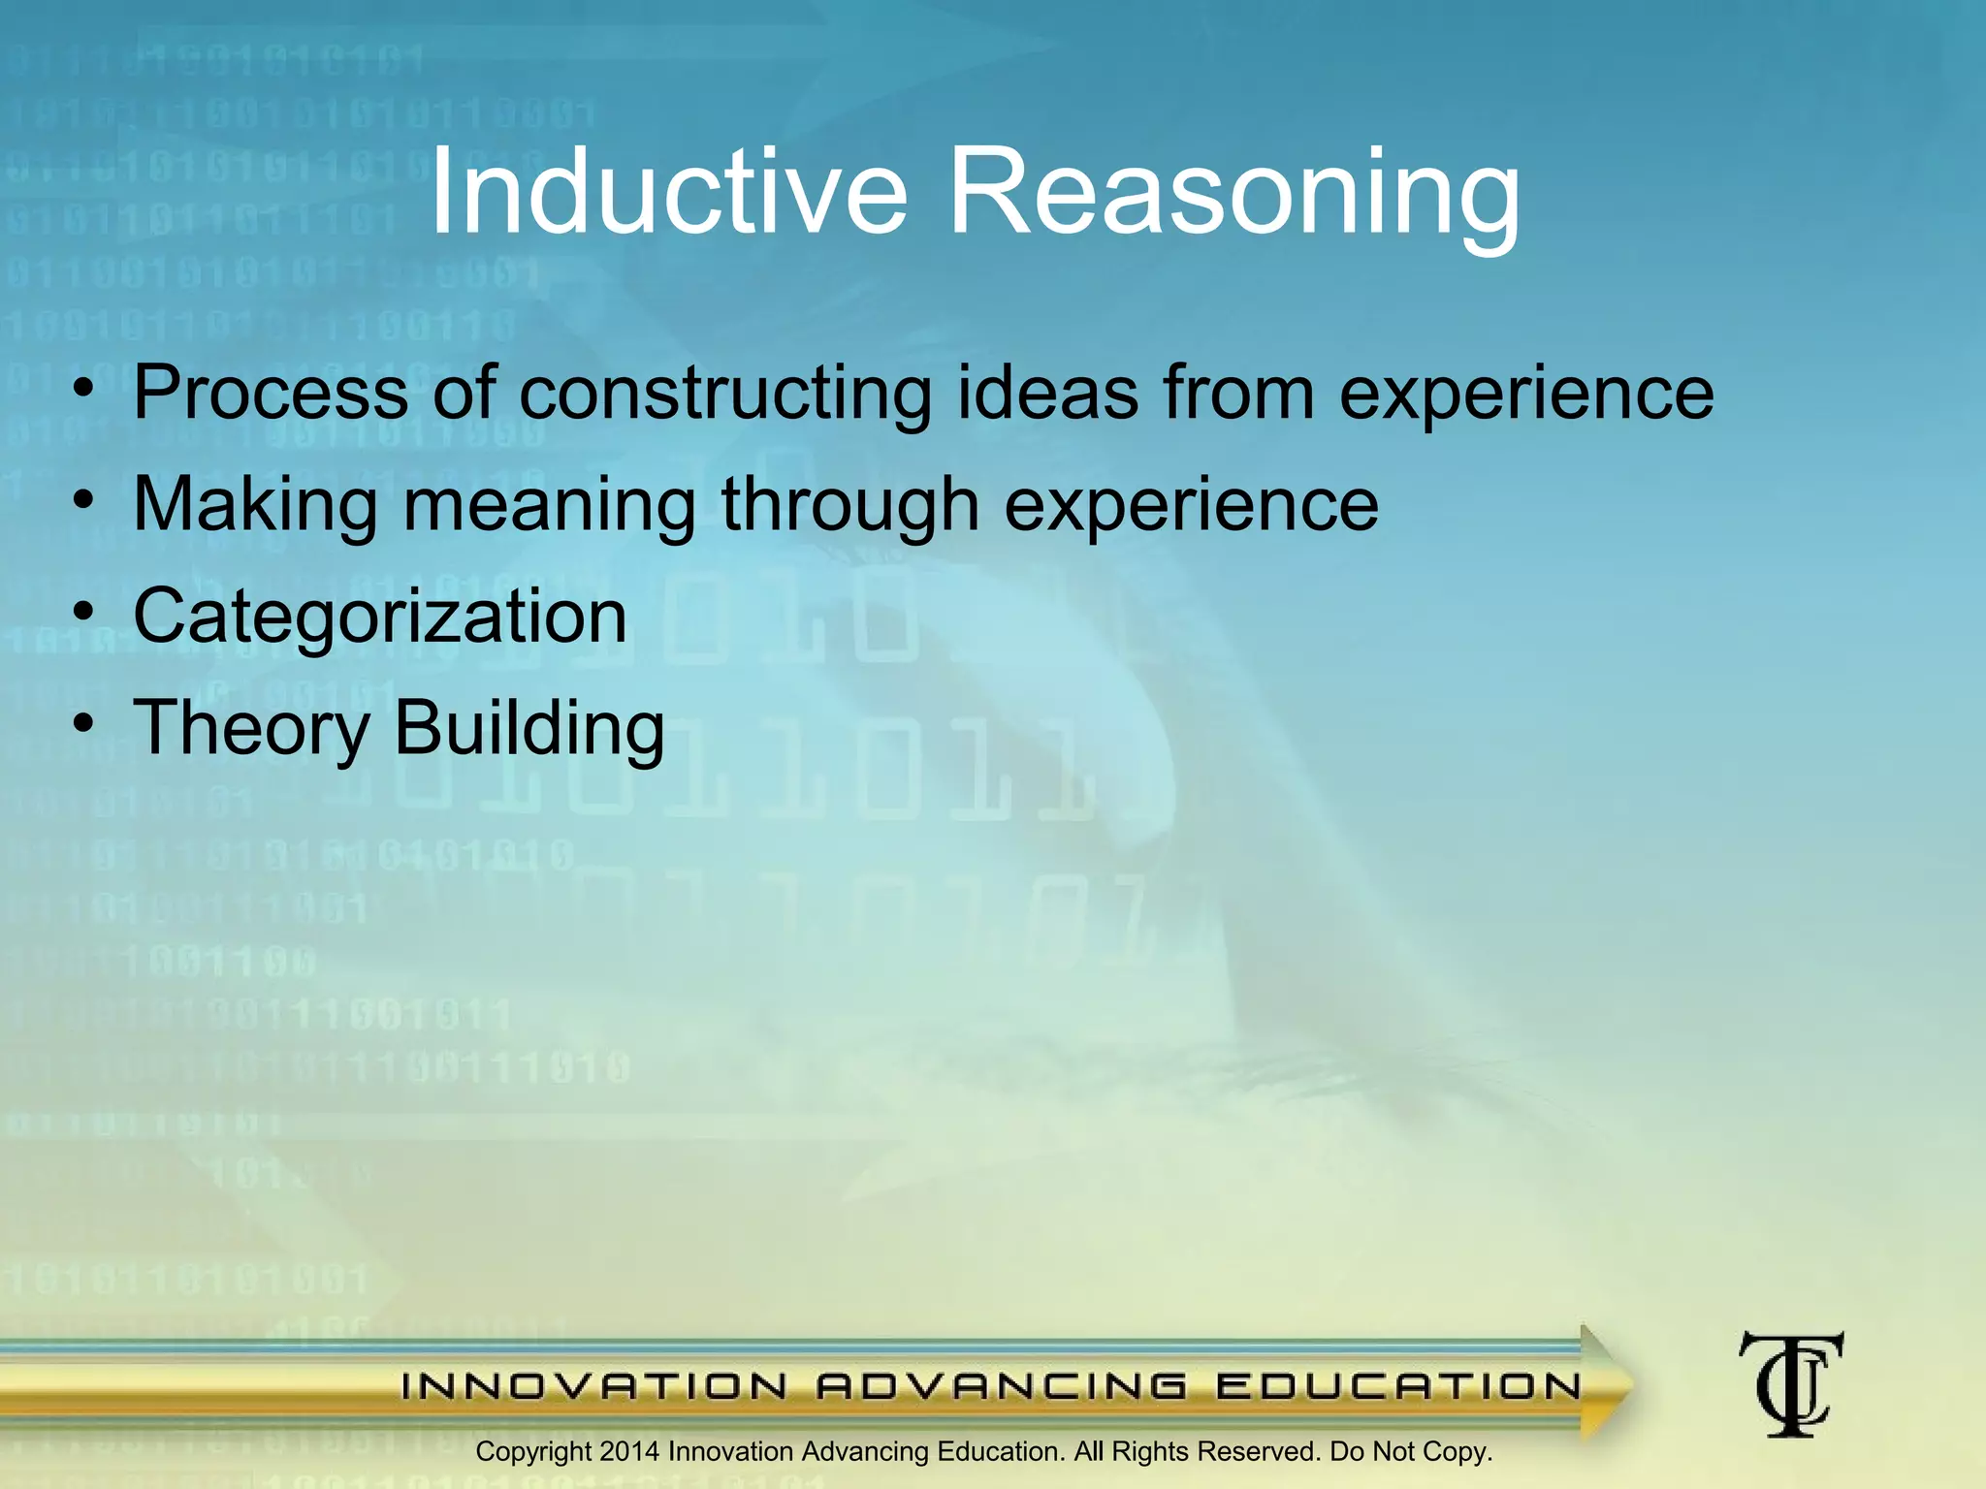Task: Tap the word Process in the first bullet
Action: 271,393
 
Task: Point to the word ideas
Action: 1047,393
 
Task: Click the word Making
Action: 255,506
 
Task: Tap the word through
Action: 849,506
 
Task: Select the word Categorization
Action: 380,618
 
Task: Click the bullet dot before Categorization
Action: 84,612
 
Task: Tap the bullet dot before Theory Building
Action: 84,723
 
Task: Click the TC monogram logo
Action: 1791,1383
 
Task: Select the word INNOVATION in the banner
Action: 594,1386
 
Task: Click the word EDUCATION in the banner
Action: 1397,1386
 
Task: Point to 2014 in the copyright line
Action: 629,1451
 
